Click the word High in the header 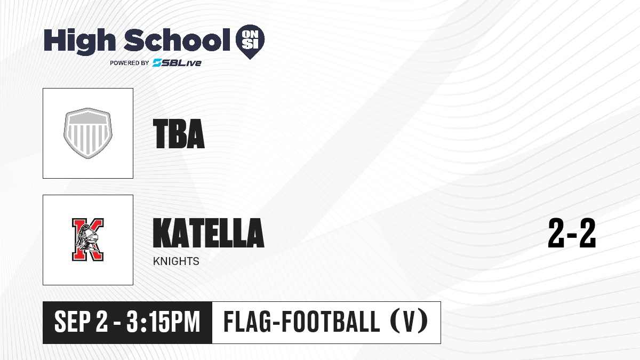[79, 42]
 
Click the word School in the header [177, 39]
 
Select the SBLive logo [177, 63]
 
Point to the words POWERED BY [130, 63]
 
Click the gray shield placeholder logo [88, 133]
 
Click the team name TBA [179, 134]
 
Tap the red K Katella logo [87, 239]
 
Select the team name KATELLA [209, 233]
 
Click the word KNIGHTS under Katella [176, 261]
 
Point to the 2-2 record [572, 233]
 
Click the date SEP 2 [82, 322]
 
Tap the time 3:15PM [163, 322]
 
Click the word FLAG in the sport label [246, 322]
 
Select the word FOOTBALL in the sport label [331, 322]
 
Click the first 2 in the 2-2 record [556, 233]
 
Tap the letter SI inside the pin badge [250, 45]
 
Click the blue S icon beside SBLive [157, 63]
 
